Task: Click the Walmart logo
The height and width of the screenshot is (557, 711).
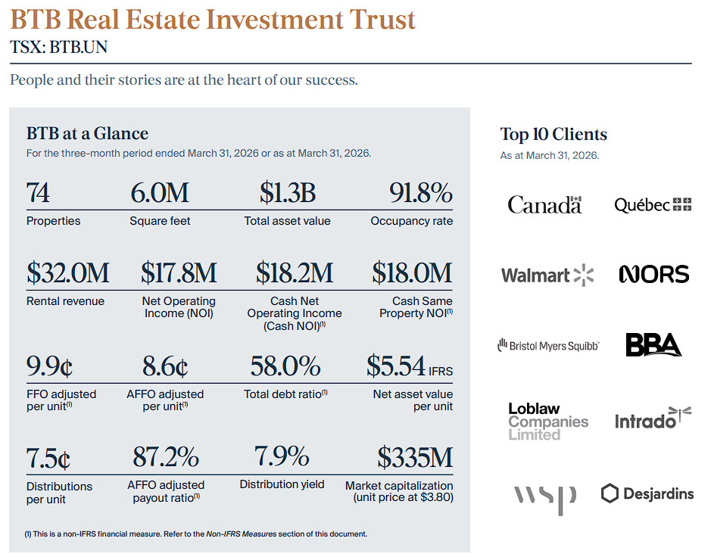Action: [547, 275]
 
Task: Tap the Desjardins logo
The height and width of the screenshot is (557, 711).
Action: [647, 493]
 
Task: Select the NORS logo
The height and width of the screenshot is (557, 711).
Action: [654, 275]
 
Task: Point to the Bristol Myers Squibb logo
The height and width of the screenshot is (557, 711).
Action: [548, 345]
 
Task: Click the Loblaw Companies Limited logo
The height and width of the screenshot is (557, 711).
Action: [548, 422]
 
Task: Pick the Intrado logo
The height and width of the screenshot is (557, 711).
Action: [653, 419]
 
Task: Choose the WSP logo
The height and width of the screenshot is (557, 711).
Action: [544, 500]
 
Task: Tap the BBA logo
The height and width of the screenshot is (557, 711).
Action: [653, 345]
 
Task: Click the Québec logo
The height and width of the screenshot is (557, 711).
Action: [653, 205]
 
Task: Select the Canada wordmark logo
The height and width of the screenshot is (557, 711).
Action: [544, 204]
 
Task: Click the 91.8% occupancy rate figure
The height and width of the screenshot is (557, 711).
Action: [421, 193]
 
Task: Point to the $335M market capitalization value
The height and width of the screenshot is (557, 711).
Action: [415, 457]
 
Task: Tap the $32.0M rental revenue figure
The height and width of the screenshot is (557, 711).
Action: [68, 272]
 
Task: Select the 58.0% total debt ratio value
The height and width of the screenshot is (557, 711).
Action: [285, 366]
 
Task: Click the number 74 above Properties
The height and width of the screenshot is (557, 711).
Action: [38, 193]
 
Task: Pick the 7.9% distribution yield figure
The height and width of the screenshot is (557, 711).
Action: [282, 456]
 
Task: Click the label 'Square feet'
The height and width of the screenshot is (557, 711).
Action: [160, 221]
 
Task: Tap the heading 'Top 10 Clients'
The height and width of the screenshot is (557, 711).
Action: [554, 134]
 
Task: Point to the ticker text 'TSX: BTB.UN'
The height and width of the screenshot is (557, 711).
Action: [58, 47]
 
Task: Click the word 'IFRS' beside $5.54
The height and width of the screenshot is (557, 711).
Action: [441, 371]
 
